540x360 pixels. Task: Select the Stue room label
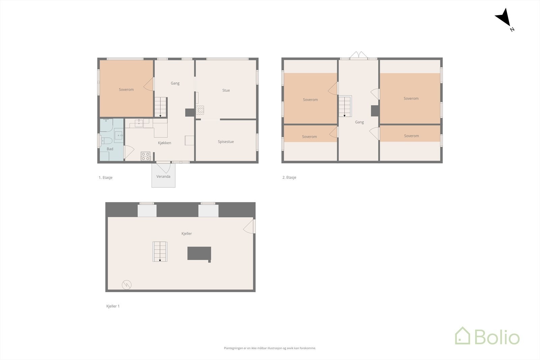pos(226,90)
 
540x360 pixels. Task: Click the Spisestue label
pos(226,142)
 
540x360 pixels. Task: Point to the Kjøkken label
pos(164,143)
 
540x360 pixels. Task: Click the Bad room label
pos(110,149)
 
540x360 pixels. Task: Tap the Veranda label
pos(163,176)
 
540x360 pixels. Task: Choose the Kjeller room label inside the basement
pos(187,233)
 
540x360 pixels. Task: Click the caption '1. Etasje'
pos(106,177)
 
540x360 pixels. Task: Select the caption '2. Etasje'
pos(289,177)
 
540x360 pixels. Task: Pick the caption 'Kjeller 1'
pos(113,306)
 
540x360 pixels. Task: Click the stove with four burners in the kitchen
pos(145,156)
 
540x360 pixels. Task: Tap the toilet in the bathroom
pos(107,141)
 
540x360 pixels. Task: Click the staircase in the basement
pos(160,251)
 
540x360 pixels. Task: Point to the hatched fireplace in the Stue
pos(200,110)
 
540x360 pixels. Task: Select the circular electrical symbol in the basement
pos(127,285)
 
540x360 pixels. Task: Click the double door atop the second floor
pos(358,56)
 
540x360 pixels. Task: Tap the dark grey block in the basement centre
pos(199,253)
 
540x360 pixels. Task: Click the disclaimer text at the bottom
pos(270,348)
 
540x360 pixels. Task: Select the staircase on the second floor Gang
pos(345,106)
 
